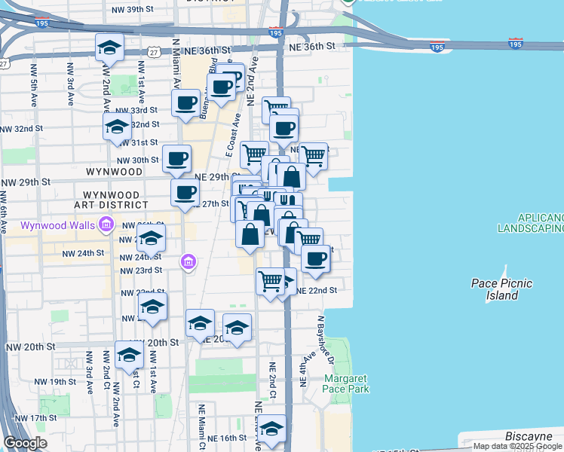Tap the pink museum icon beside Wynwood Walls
click(106, 224)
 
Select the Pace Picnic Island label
click(501, 289)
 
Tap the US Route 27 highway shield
click(154, 51)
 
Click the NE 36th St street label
click(311, 47)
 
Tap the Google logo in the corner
click(25, 443)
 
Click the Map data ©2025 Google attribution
click(517, 446)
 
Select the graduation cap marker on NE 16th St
click(271, 429)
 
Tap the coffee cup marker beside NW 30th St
click(176, 158)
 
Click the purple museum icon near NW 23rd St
click(188, 262)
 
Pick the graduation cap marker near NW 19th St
click(129, 355)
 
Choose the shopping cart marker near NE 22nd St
click(270, 282)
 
